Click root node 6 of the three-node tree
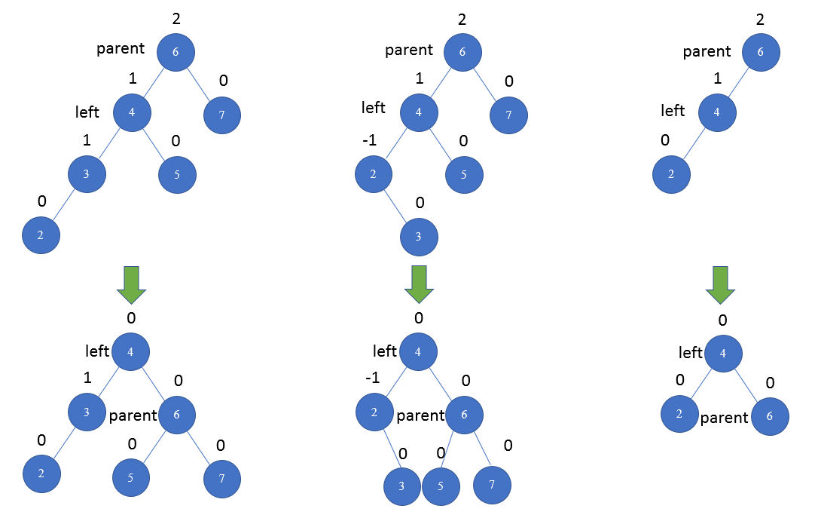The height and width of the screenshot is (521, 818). pos(760,52)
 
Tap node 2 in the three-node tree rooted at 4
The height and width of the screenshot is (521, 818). pos(680,414)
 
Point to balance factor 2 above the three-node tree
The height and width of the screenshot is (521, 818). pos(759,19)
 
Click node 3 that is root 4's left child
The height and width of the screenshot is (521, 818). pos(87,411)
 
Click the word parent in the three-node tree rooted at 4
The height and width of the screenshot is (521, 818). pos(725,418)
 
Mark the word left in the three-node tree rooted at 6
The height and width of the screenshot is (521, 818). pos(673,111)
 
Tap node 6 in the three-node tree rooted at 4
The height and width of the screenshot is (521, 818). pos(770,417)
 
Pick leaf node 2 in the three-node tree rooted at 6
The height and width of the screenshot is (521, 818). pos(671,173)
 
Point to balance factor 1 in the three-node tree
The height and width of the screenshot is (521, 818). pos(717,79)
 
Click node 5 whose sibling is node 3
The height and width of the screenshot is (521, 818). pos(178,175)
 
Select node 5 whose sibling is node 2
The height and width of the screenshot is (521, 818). pos(464,175)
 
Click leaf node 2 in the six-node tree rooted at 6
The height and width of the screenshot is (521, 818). pos(41,234)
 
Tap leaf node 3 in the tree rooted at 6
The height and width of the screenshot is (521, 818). pos(419,235)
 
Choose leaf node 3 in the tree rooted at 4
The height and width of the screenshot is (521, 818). pos(403,486)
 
